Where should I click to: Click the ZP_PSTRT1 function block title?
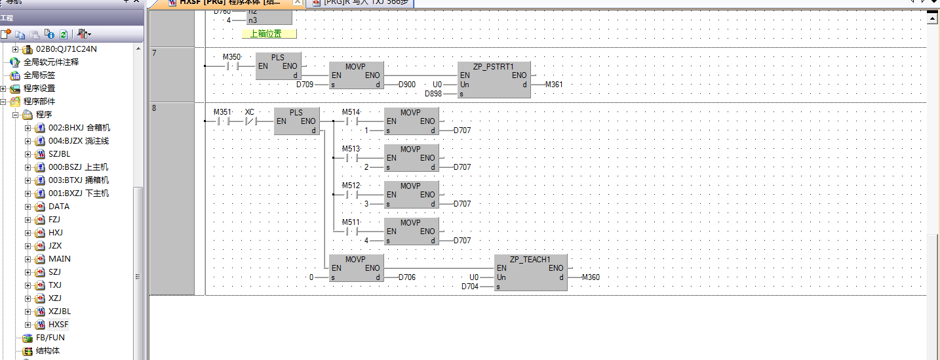(493, 66)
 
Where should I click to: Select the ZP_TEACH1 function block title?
(530, 259)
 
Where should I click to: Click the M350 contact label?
(231, 56)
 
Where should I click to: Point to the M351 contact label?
(222, 112)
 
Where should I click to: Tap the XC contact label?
(249, 112)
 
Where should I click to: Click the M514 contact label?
(351, 112)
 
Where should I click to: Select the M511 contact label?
(351, 222)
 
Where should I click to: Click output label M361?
(553, 85)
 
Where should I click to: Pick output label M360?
(590, 277)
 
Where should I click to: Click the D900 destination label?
(406, 85)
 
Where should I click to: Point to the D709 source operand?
(305, 85)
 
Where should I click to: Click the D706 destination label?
(406, 277)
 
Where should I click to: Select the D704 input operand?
(470, 287)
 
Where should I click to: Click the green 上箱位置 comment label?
(269, 33)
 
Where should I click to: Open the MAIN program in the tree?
(59, 259)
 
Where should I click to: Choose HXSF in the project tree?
(58, 325)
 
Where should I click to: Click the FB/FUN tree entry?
(50, 338)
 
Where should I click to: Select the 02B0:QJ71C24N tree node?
(66, 49)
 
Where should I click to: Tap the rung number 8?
(154, 108)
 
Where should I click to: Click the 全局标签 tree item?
(39, 75)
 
